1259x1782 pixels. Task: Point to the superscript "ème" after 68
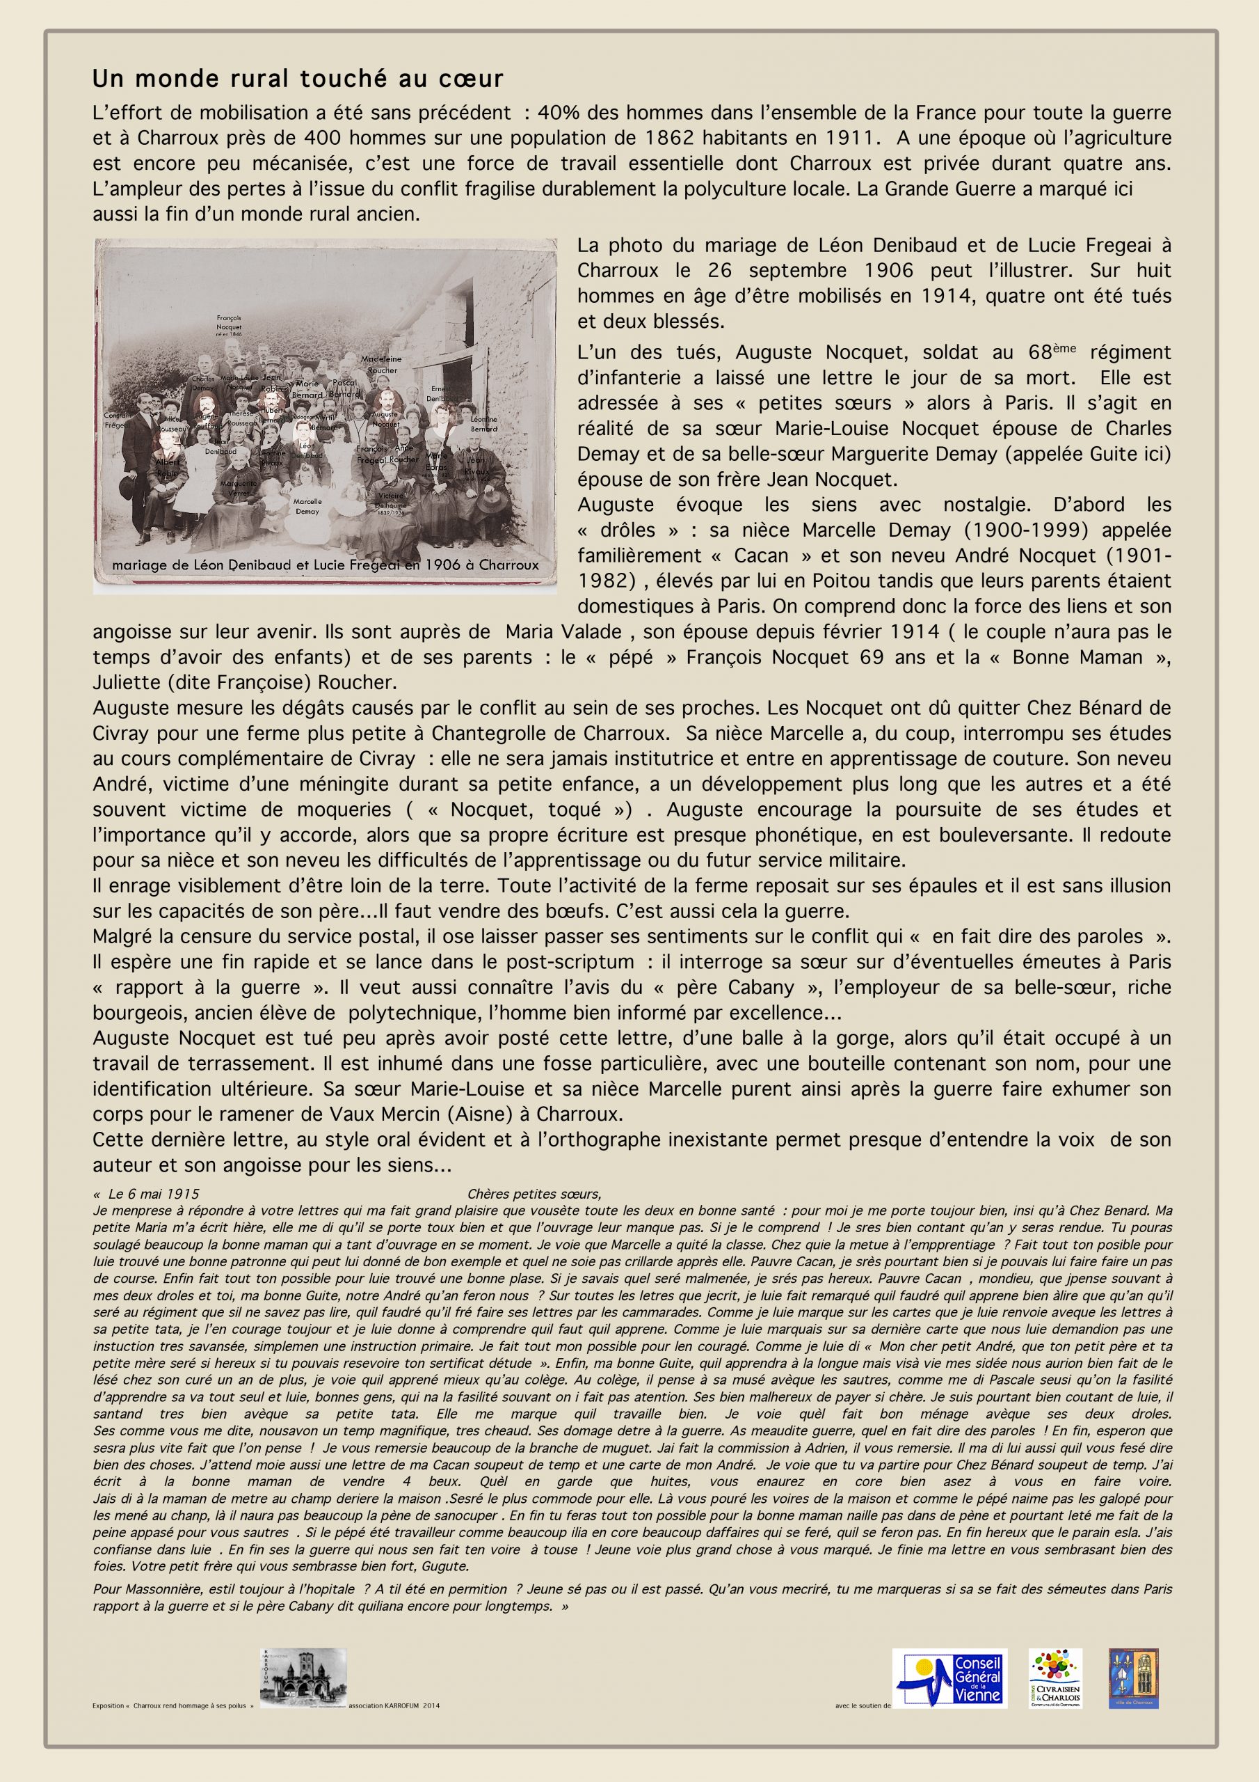(x=1068, y=349)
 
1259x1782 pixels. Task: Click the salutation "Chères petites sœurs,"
(x=534, y=1194)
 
